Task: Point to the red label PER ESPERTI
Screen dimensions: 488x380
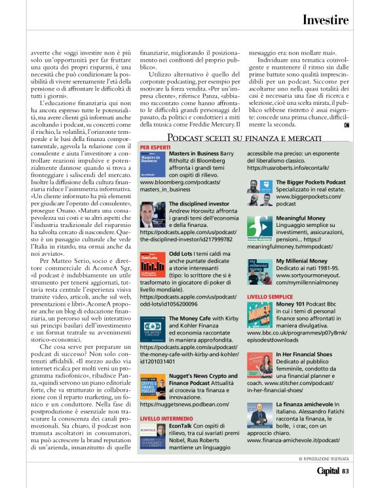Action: pos(155,147)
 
